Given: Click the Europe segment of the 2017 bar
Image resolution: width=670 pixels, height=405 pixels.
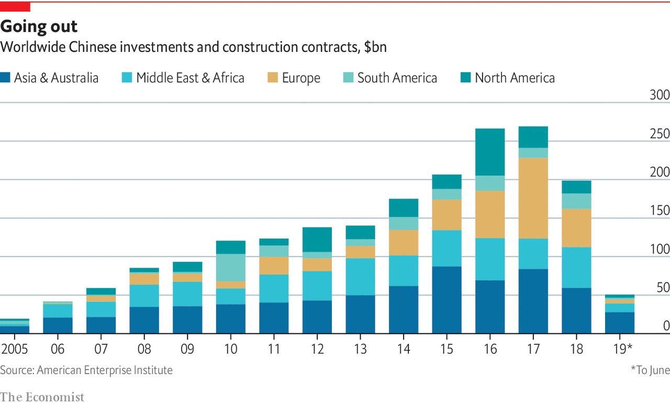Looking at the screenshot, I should [533, 198].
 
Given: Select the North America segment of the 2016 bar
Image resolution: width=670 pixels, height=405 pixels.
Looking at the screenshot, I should [490, 152].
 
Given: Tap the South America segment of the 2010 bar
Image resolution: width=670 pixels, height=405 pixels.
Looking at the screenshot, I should [230, 268].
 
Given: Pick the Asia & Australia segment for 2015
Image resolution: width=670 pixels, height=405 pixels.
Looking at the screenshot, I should [446, 300].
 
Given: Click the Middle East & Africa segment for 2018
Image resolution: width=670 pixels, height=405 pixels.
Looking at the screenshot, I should [576, 267].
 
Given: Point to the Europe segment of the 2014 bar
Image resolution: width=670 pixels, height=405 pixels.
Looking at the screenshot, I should [404, 243].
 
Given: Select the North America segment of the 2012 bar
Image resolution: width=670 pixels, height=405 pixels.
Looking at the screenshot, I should [317, 239].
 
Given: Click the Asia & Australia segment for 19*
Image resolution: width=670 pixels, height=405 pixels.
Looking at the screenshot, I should [620, 323].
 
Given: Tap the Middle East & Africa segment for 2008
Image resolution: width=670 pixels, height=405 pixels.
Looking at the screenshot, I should [144, 295].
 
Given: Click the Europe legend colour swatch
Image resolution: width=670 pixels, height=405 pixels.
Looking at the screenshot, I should [272, 78].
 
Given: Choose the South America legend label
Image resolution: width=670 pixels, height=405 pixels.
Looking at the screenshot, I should [397, 78].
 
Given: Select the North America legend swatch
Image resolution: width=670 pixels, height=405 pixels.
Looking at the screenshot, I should [465, 78].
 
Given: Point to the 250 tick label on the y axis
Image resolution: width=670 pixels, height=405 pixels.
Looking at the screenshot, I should [659, 134].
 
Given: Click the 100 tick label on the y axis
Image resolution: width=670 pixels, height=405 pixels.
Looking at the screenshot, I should [659, 249].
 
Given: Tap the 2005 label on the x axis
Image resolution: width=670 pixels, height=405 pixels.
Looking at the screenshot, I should [15, 349].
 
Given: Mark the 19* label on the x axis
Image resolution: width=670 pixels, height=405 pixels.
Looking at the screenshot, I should [622, 349].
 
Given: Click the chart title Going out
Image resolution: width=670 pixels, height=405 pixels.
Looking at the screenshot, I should [39, 26].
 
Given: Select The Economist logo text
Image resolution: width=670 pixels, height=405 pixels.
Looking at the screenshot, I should [42, 397].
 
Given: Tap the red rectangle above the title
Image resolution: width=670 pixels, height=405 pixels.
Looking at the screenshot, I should [15, 7].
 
